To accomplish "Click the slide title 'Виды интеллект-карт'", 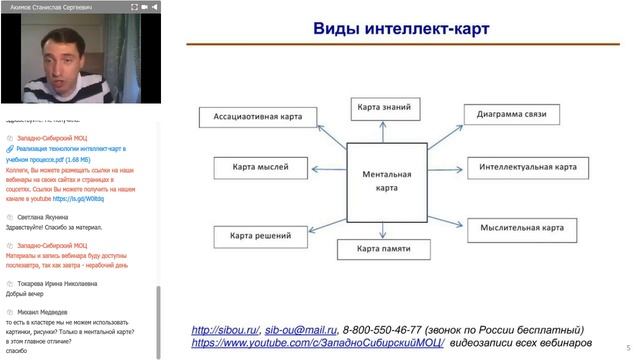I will [x=401, y=28].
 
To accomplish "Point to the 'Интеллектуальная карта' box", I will [x=527, y=167].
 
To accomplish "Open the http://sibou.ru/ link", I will [x=225, y=330].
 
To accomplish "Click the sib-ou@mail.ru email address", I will [x=301, y=330].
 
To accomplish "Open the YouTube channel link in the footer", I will [x=317, y=343].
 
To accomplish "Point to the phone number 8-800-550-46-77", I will [x=380, y=330].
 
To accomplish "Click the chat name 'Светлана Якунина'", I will [x=43, y=216].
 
